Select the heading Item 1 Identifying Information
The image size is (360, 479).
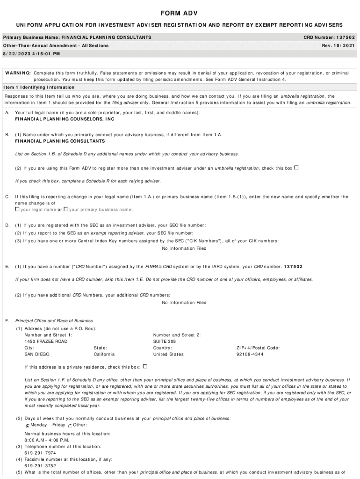click(x=39, y=87)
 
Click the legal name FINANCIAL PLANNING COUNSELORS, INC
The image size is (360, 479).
click(x=65, y=119)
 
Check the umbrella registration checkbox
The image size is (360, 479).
click(x=296, y=167)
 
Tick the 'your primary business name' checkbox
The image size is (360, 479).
click(x=66, y=209)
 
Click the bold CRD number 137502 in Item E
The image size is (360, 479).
click(x=292, y=267)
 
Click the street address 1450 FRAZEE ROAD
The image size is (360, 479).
click(x=46, y=341)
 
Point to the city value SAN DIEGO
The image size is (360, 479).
click(x=37, y=355)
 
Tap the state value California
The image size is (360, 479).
click(x=104, y=355)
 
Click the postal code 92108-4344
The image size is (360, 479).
click(x=250, y=355)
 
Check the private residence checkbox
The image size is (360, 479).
click(x=145, y=367)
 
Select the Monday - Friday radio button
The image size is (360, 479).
click(x=27, y=426)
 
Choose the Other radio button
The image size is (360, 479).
click(x=70, y=426)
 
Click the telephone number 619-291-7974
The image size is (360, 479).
click(x=40, y=453)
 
